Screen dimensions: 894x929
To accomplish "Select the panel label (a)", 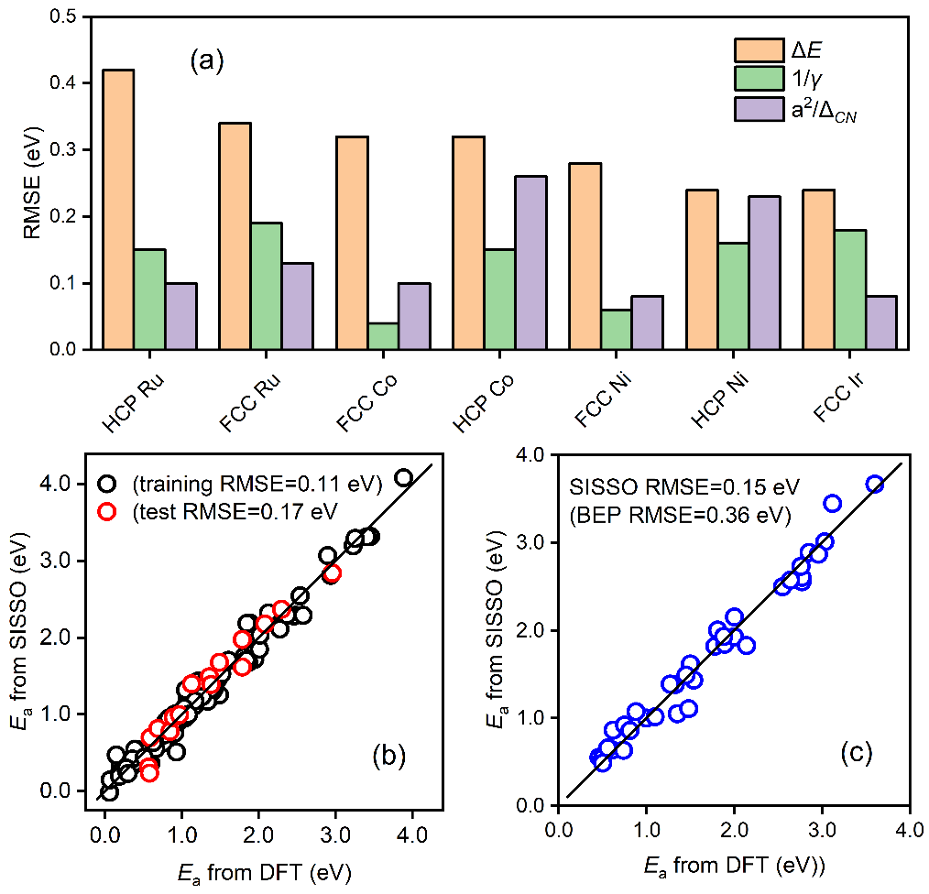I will (x=206, y=62).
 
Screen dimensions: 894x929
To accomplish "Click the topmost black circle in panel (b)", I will (x=403, y=477).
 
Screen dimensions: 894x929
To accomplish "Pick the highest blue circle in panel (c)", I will (x=874, y=485).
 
